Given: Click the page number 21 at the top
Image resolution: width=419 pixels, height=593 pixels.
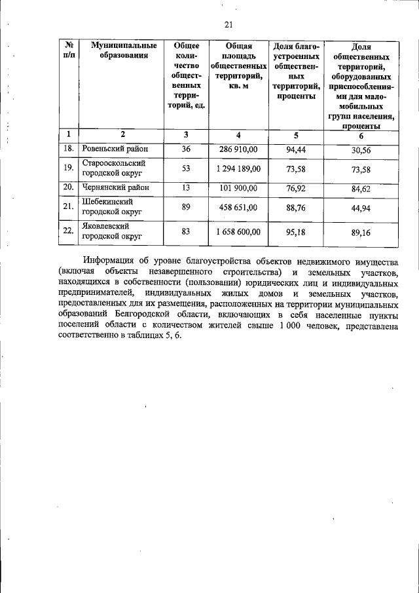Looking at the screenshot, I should [228, 25].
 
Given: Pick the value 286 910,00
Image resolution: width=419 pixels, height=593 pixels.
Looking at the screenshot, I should [238, 149].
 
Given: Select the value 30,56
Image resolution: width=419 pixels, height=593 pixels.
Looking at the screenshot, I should [361, 149].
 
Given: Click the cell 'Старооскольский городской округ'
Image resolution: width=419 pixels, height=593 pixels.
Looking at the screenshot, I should [113, 168].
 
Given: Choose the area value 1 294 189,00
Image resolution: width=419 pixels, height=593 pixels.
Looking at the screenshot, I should [238, 169].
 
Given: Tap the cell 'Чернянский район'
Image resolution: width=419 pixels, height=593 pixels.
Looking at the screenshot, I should [115, 187].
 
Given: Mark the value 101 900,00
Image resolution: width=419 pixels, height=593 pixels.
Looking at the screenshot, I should [238, 188].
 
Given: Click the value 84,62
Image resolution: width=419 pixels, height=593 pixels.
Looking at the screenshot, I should [361, 188].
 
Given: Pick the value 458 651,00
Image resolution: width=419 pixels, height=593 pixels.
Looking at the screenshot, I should [238, 208].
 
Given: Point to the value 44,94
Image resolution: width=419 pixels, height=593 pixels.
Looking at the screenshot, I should [361, 208].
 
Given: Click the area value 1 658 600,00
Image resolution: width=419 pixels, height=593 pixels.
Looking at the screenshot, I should [238, 231].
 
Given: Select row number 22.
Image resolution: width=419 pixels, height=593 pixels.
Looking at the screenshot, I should [67, 231].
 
